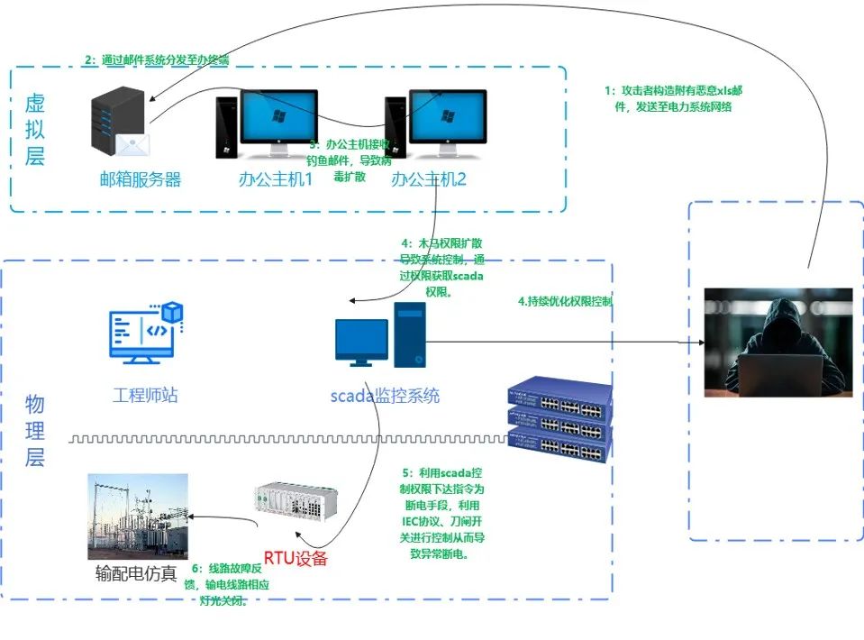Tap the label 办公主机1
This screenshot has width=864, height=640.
point(275,178)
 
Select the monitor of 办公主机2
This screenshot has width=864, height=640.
point(447,119)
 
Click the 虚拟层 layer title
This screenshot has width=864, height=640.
point(34,130)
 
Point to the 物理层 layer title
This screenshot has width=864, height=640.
point(34,431)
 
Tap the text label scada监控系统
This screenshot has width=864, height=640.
point(385,395)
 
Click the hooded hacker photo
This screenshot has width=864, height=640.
point(778,343)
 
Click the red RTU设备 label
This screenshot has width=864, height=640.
point(295,558)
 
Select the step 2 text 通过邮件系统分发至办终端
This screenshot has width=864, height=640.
point(157,60)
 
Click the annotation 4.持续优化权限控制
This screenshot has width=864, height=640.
point(565,301)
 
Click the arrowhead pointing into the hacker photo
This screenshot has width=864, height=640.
point(700,343)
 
